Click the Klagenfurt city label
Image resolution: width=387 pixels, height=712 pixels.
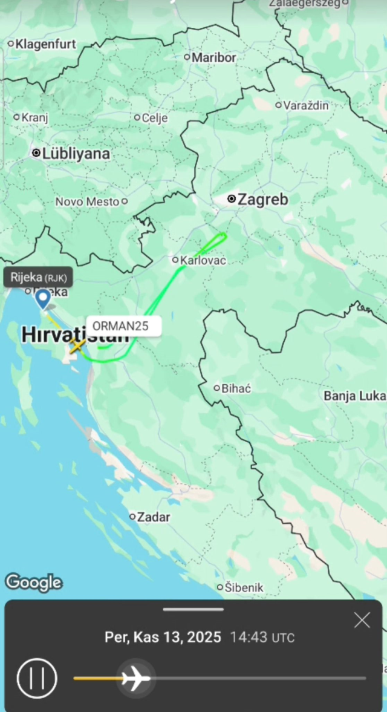[46, 44]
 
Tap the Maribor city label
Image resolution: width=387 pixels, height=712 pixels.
[213, 58]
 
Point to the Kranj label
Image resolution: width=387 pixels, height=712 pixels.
[34, 118]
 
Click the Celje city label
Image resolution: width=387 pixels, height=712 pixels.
[154, 118]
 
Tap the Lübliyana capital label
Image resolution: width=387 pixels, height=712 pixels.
[76, 154]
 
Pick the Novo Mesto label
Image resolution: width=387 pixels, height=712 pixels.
[87, 202]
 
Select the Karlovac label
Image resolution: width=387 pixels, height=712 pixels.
[203, 261]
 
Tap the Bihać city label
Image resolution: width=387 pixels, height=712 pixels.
[236, 388]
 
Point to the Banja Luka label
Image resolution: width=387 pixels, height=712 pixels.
[354, 396]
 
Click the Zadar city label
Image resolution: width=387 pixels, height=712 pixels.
[154, 517]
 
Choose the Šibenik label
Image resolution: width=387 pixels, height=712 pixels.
[244, 587]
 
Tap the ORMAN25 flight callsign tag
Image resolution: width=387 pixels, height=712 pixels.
[124, 325]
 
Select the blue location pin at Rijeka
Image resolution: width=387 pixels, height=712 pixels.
[43, 298]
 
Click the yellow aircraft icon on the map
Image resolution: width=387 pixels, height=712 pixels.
[77, 347]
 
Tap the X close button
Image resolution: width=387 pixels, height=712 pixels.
[362, 620]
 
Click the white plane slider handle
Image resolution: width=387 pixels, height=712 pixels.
[136, 678]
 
